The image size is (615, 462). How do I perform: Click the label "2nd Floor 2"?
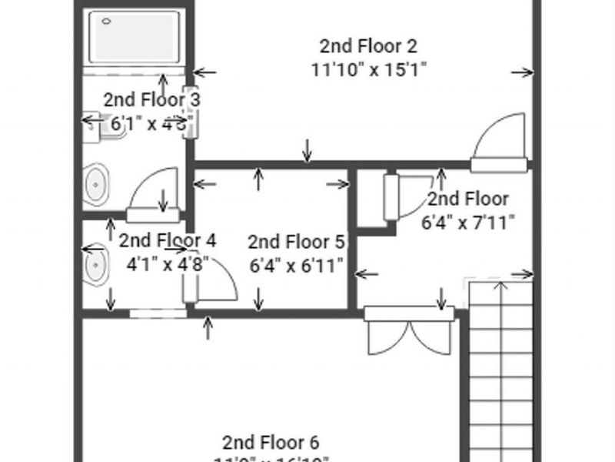pos(369,44)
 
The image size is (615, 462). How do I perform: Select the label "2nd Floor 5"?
pos(296,242)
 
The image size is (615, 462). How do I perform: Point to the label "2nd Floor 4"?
pos(167,240)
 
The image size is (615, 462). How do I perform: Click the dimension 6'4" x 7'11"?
pos(467,223)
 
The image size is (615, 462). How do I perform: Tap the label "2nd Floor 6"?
pos(270,442)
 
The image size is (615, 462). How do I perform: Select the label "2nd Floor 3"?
pos(152,99)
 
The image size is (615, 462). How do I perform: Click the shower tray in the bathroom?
pos(135,36)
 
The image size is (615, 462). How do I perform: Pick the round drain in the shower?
pos(105,22)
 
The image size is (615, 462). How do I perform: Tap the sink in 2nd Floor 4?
pos(95,266)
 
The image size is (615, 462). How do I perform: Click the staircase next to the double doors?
pos(500,370)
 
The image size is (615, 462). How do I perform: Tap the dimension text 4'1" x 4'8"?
pos(167,263)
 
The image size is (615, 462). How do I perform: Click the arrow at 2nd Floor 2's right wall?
pos(523,72)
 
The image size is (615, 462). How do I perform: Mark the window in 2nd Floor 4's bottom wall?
pos(158,313)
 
